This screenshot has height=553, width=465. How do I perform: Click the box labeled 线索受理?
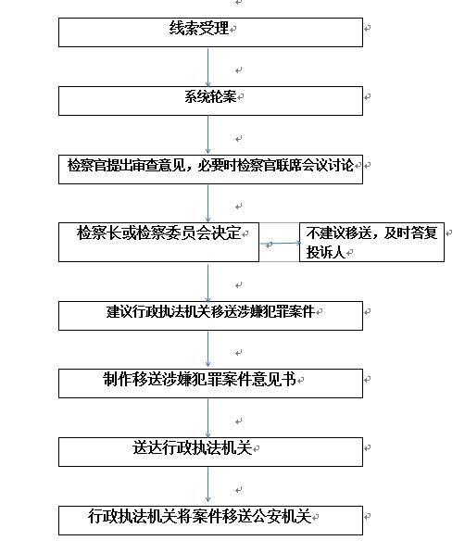(210, 32)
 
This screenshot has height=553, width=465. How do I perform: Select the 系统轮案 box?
(210, 101)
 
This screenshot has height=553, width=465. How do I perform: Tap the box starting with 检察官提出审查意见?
(210, 170)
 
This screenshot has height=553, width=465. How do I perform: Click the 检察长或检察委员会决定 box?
(158, 242)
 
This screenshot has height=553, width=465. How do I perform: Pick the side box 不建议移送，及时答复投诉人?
(371, 242)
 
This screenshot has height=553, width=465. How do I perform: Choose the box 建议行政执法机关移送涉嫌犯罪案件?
(210, 316)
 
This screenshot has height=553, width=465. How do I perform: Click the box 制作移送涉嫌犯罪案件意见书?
(210, 383)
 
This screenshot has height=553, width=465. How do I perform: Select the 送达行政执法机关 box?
(210, 452)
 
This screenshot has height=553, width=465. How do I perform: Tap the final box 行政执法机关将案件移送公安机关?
(210, 521)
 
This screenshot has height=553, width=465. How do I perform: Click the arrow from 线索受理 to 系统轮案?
(207, 67)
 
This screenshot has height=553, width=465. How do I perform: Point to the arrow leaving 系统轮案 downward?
(207, 134)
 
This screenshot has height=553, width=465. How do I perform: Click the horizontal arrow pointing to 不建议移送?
(281, 243)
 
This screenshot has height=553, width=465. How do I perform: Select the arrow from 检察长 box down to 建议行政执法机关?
(207, 283)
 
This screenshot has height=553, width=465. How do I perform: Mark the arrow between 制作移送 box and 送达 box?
(207, 419)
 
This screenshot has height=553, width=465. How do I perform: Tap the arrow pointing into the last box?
(207, 485)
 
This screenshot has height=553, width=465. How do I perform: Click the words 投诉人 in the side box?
(325, 252)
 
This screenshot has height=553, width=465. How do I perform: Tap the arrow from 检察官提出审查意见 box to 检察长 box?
(207, 203)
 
